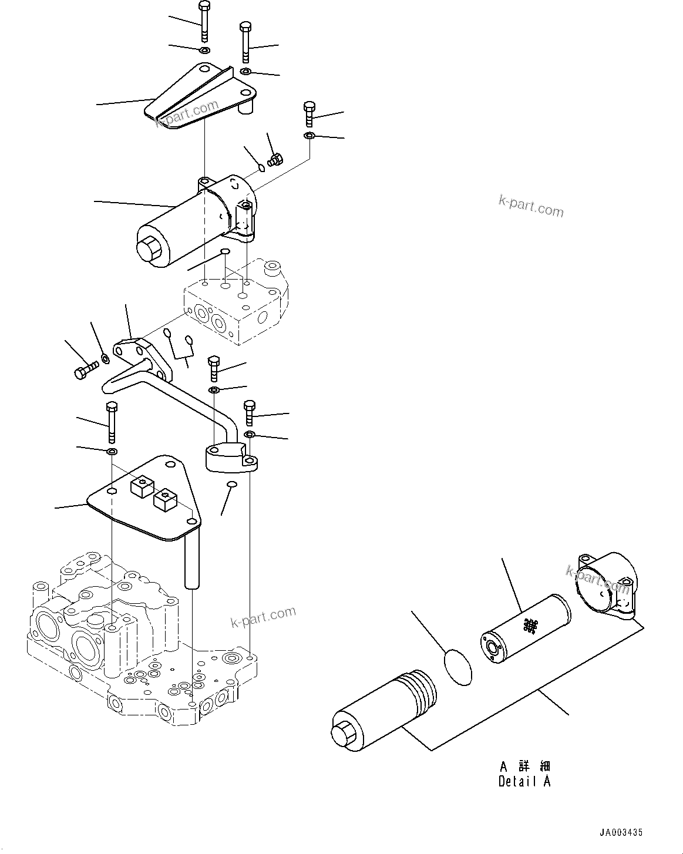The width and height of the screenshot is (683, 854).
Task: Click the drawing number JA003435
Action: point(621,832)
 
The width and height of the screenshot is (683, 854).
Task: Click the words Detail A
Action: point(524,782)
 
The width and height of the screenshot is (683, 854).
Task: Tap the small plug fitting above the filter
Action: point(275,159)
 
